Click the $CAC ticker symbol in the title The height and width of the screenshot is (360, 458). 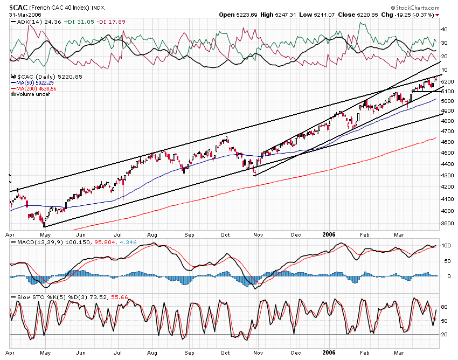pyautogui.click(x=19, y=7)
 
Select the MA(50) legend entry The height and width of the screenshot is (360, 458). pyautogui.click(x=38, y=82)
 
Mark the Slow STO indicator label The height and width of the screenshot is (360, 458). pyautogui.click(x=22, y=297)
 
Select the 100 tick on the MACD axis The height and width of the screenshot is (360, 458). pyautogui.click(x=446, y=246)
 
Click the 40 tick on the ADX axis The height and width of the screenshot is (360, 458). pyautogui.click(x=445, y=29)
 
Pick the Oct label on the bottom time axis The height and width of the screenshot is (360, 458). pyautogui.click(x=226, y=354)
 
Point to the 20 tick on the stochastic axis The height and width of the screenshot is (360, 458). pyautogui.click(x=445, y=335)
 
